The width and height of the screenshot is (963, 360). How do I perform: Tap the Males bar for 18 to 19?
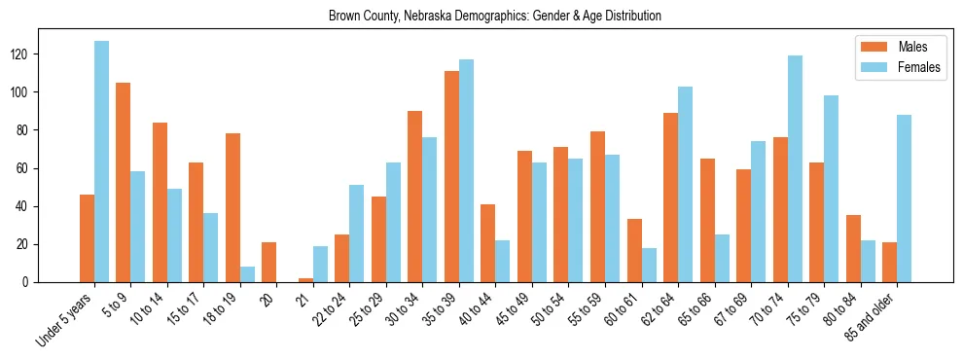click(232, 208)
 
